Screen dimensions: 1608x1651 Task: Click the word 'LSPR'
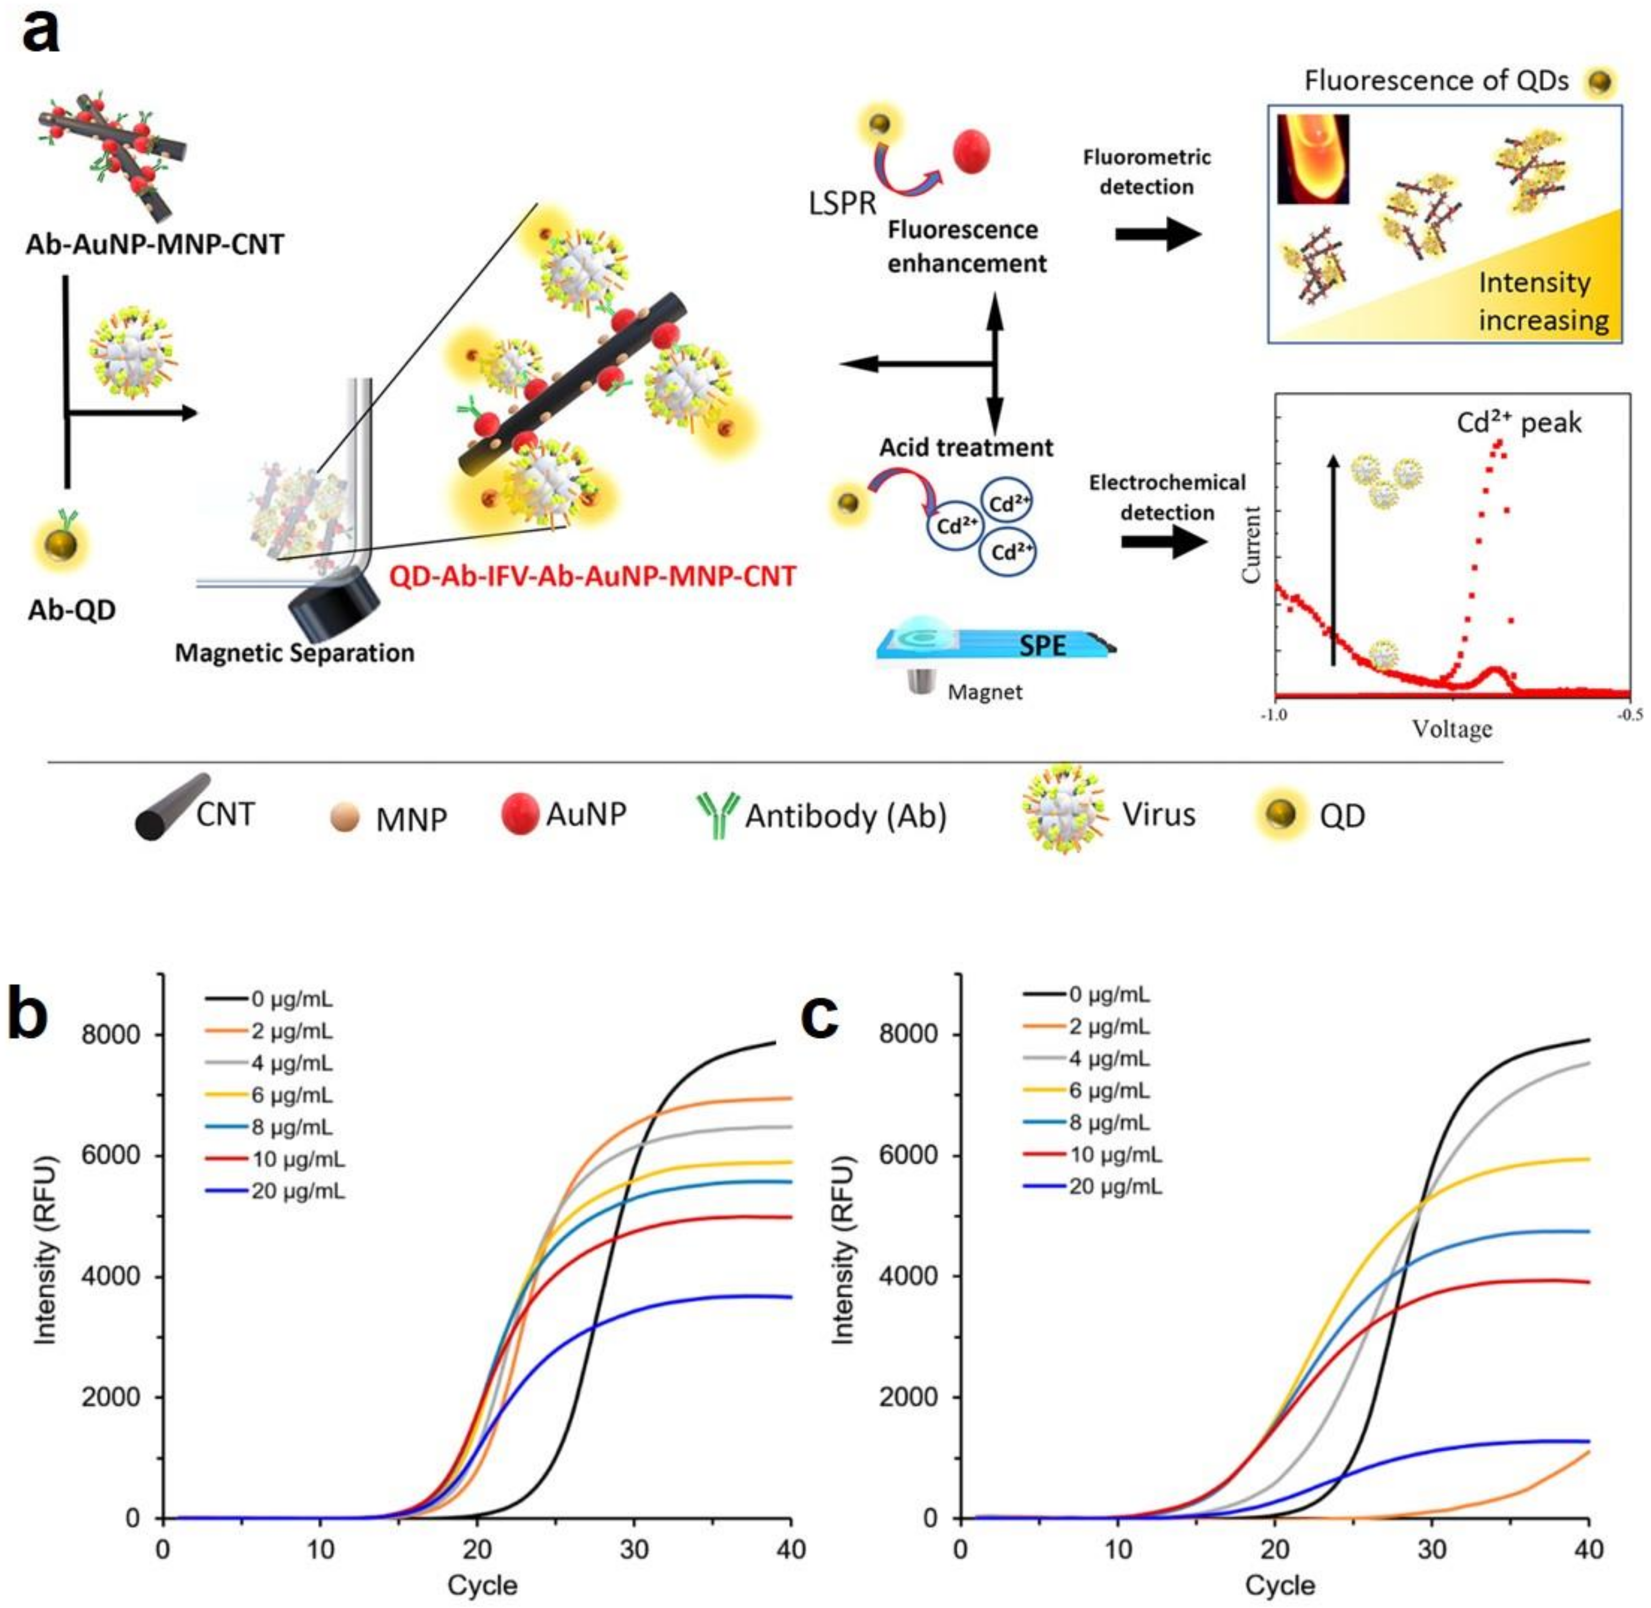click(841, 203)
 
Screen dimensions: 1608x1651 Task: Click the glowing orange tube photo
click(1312, 159)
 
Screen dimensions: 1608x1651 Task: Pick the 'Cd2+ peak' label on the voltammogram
click(1518, 422)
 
